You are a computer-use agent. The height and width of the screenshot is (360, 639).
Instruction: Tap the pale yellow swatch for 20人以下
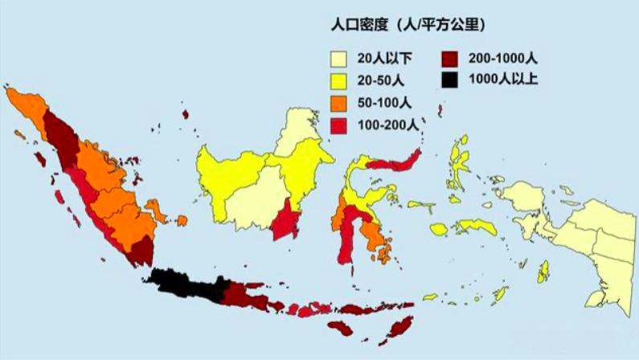coord(339,58)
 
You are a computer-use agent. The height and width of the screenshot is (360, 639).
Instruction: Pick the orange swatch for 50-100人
coord(339,102)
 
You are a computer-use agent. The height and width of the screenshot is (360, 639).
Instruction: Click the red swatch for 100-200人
coord(339,124)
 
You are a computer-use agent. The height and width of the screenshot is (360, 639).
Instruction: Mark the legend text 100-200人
coord(387,124)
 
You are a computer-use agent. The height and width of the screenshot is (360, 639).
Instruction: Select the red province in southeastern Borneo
coord(285,219)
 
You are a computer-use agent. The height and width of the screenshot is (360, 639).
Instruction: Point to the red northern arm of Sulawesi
coord(394,162)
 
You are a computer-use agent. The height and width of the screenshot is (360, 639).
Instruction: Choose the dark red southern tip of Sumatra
coord(141,252)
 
